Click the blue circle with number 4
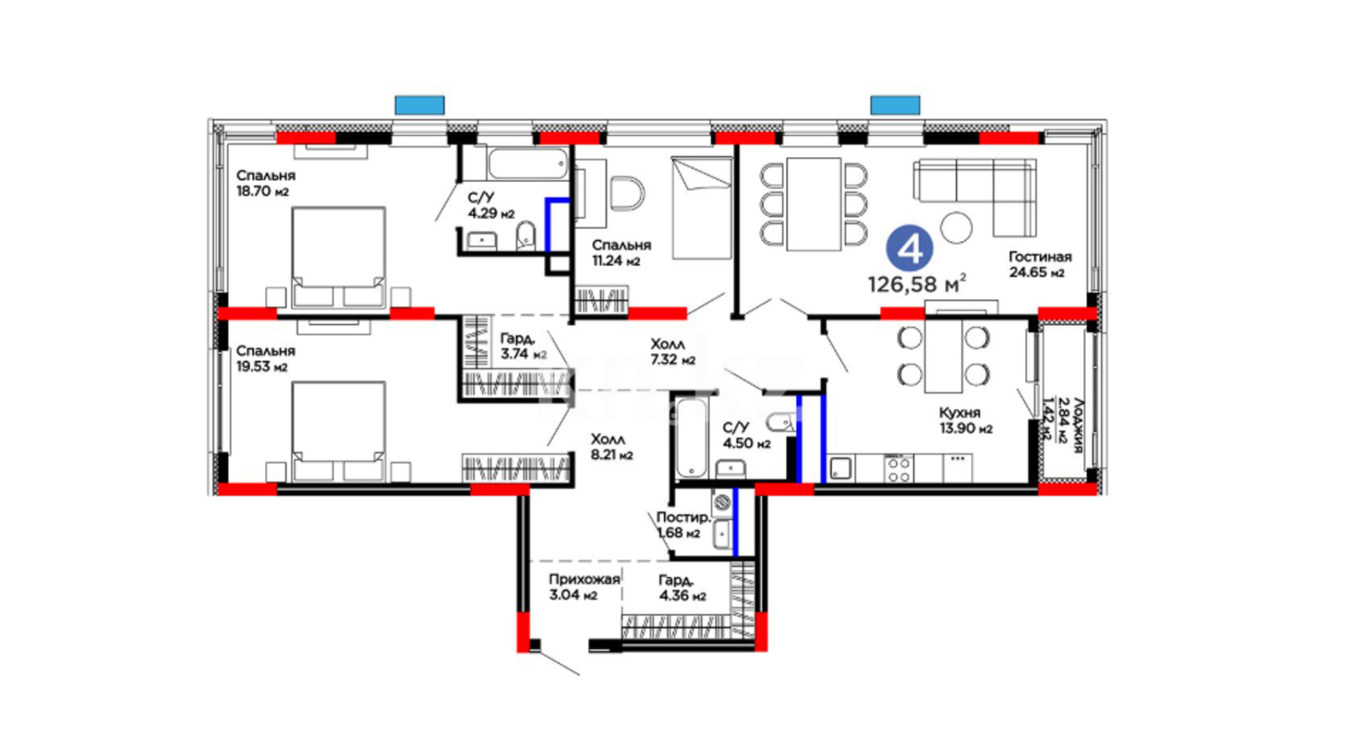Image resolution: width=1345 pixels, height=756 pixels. click(909, 248)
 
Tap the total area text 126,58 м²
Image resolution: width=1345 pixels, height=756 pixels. click(917, 283)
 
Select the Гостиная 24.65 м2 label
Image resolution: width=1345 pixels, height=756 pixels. click(1040, 265)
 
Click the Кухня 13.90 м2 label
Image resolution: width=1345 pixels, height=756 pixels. click(966, 421)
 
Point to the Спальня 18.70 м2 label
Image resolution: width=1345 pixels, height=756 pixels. click(265, 183)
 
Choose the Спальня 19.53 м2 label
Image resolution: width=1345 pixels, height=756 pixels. click(265, 358)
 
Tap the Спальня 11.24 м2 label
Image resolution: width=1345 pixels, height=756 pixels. click(621, 253)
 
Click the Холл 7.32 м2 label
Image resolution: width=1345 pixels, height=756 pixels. click(672, 352)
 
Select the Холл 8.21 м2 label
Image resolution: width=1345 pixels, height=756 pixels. click(612, 447)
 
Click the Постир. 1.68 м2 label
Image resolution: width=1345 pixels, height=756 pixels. click(683, 525)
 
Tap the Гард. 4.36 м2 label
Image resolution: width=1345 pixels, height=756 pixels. click(682, 588)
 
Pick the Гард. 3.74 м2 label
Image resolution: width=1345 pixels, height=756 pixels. click(523, 346)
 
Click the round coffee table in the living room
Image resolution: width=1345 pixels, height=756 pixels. click(956, 227)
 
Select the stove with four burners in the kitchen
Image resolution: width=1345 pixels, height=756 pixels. click(899, 469)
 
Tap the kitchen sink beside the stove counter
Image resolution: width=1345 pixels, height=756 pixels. click(841, 469)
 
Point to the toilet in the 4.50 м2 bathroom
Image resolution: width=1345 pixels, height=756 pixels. click(781, 422)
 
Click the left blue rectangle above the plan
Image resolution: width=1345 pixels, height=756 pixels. click(420, 105)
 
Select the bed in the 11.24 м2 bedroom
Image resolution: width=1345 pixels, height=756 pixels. click(702, 207)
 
